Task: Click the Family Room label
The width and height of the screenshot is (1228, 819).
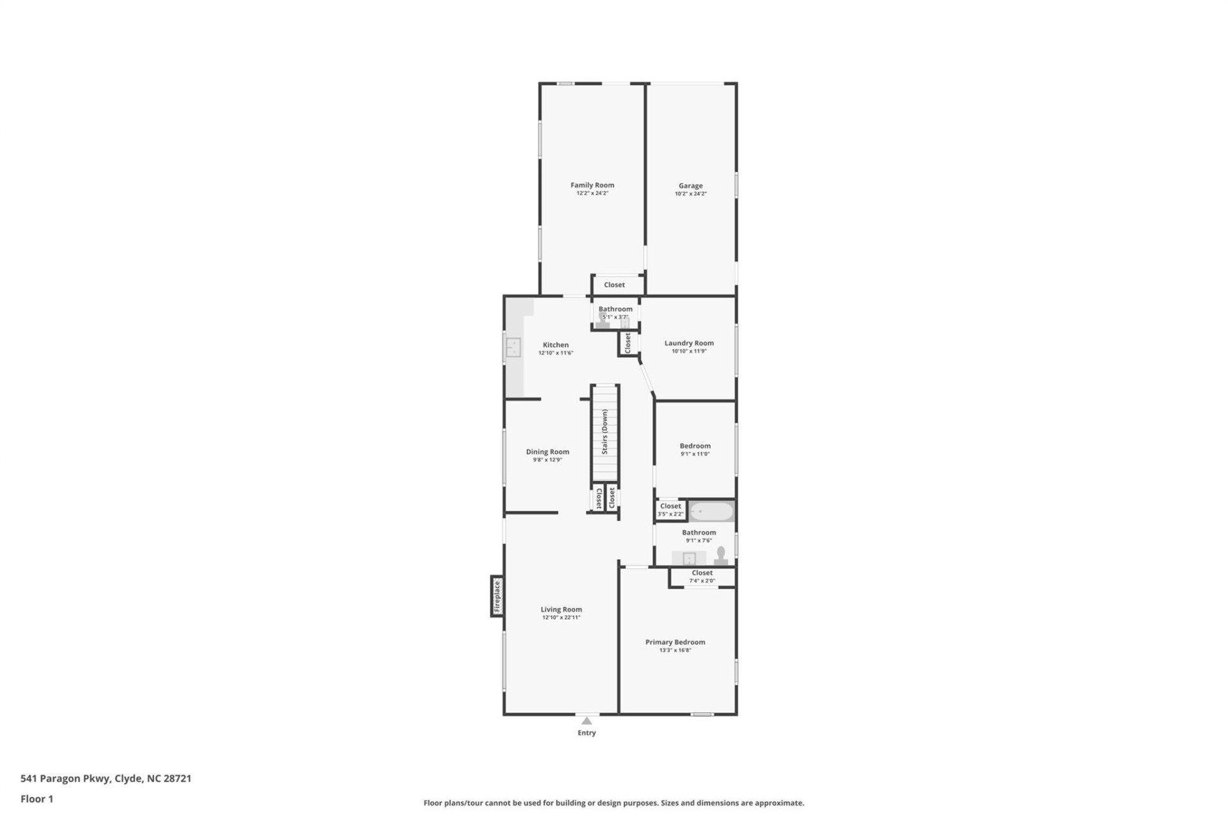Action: pyautogui.click(x=592, y=185)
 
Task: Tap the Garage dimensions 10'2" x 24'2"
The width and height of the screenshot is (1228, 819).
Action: pyautogui.click(x=690, y=194)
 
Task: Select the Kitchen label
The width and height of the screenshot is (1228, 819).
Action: pyautogui.click(x=555, y=345)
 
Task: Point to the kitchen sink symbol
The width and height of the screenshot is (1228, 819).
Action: pyautogui.click(x=513, y=347)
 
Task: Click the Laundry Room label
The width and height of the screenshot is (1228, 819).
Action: pyautogui.click(x=689, y=343)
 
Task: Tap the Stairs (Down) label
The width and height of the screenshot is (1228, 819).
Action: pyautogui.click(x=604, y=432)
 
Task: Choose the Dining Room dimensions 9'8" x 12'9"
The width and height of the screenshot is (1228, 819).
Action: pyautogui.click(x=547, y=460)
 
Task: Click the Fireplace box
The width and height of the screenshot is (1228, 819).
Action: pyautogui.click(x=497, y=596)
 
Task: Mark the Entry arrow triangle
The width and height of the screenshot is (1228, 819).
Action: pyautogui.click(x=586, y=720)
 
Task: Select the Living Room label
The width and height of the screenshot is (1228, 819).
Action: pyautogui.click(x=561, y=610)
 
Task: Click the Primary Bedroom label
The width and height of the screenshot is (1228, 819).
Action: pyautogui.click(x=675, y=642)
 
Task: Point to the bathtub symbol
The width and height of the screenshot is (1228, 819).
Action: pyautogui.click(x=712, y=512)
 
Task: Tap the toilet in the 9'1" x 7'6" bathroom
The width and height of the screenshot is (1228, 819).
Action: pyautogui.click(x=721, y=555)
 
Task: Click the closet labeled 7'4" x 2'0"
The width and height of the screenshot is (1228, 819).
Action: pyautogui.click(x=702, y=577)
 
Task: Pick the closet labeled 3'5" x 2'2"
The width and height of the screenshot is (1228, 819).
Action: pyautogui.click(x=670, y=510)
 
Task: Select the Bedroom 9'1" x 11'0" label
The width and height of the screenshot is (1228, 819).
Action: pyautogui.click(x=695, y=446)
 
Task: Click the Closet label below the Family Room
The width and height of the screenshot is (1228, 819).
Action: pyautogui.click(x=614, y=285)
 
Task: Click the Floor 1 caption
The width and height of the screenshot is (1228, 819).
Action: pyautogui.click(x=36, y=799)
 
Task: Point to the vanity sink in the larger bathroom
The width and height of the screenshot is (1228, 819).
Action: pyautogui.click(x=689, y=559)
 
